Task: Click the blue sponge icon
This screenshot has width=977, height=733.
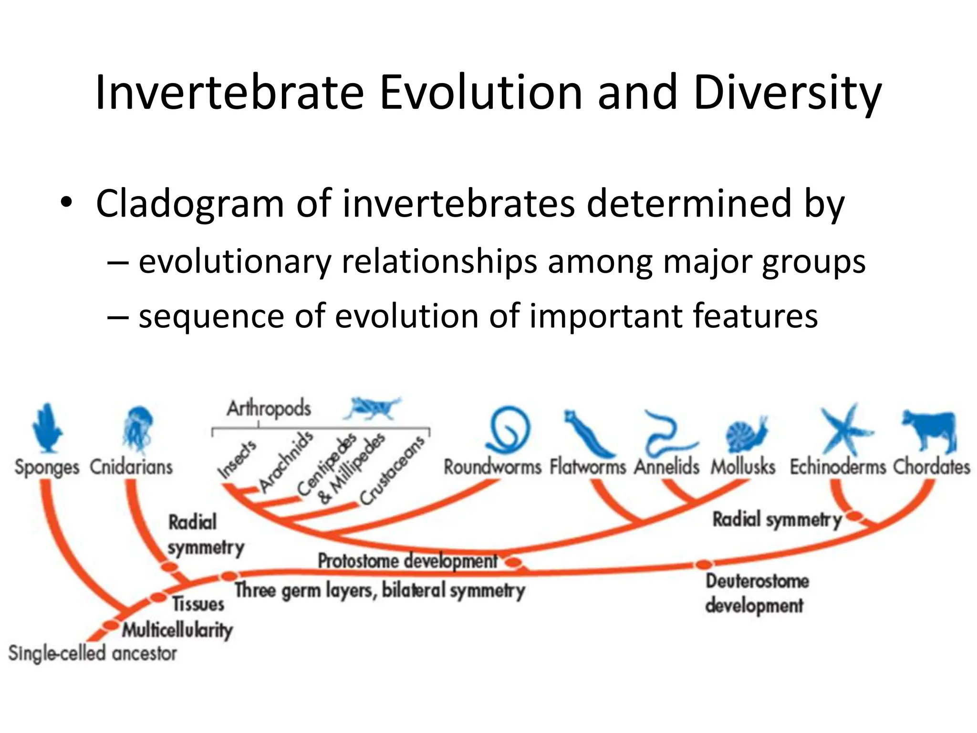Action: coord(47,428)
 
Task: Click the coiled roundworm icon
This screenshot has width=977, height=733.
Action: coord(509,429)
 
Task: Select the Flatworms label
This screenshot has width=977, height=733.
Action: coord(587,466)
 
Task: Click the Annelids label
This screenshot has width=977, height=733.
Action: coord(666,466)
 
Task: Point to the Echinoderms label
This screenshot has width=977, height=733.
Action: coord(837,466)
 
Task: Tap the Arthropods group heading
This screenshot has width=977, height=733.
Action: coord(269,408)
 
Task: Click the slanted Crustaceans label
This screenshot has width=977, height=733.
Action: coord(392,471)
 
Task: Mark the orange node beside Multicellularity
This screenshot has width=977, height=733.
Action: coord(110,625)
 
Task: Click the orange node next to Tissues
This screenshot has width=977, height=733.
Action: coord(157,597)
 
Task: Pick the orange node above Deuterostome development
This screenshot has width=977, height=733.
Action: coord(703,565)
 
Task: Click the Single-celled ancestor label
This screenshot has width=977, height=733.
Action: coord(93,653)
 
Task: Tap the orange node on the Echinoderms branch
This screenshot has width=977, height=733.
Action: coord(854,516)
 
